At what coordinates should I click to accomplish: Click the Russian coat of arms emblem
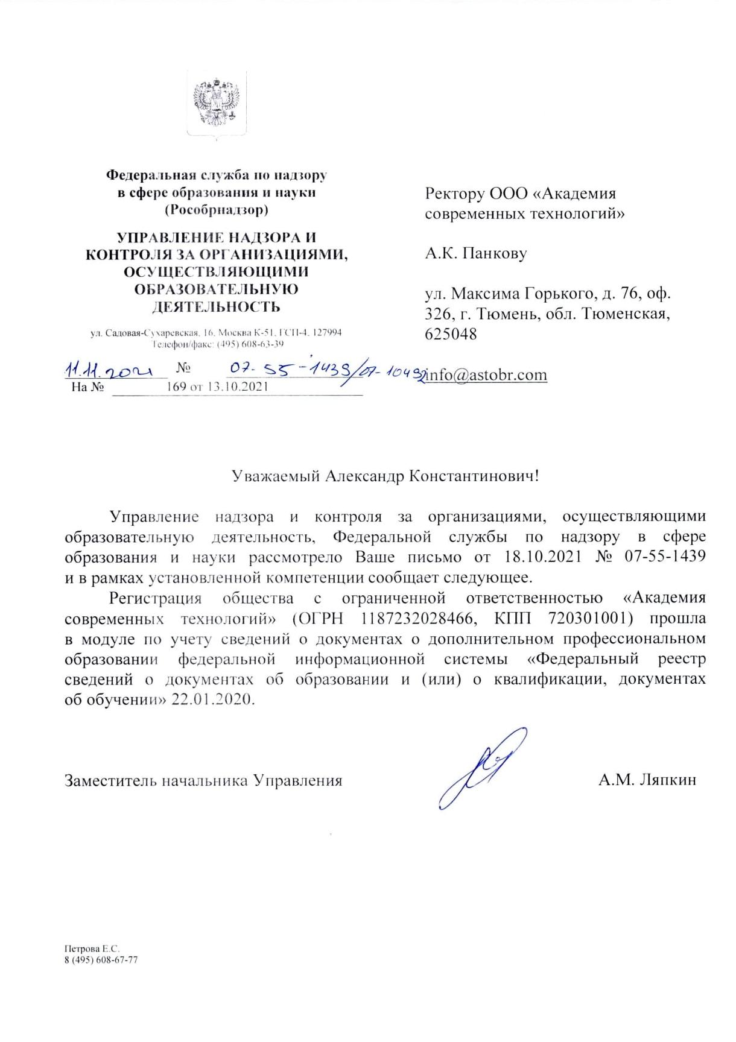216,103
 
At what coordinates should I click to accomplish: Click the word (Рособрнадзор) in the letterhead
216,210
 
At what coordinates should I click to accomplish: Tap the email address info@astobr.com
486,374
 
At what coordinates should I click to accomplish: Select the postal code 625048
451,333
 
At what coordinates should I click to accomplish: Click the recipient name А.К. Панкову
475,253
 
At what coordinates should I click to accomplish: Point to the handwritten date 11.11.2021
107,368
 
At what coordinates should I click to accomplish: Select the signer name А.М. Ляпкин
647,780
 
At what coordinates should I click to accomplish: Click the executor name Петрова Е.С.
88,949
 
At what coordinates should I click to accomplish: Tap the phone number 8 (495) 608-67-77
101,959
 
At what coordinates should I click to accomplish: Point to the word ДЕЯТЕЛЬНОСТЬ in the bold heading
216,307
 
